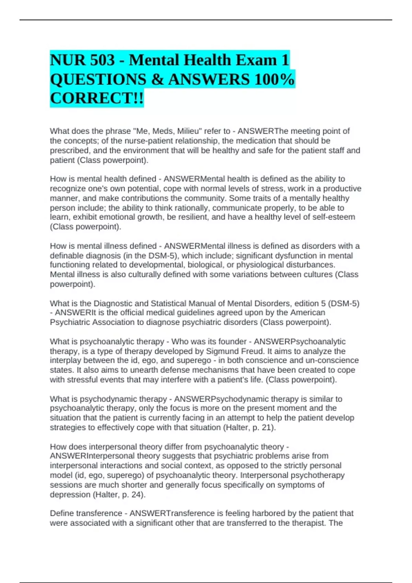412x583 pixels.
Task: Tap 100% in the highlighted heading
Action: pos(274,80)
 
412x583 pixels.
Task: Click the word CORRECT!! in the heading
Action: pos(97,98)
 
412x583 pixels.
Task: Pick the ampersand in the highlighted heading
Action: pos(157,80)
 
